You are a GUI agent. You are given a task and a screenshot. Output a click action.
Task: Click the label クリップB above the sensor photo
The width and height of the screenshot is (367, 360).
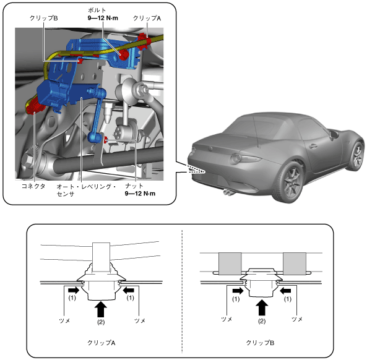click(44, 18)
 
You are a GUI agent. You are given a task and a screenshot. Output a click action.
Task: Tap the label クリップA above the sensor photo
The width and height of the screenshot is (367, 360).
click(147, 18)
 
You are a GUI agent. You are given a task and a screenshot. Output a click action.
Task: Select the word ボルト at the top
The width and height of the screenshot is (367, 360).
click(97, 10)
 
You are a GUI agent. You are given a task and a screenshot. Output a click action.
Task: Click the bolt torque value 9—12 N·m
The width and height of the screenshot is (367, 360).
click(103, 18)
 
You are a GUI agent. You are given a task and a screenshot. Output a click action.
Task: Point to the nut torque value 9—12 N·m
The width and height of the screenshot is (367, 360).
click(140, 194)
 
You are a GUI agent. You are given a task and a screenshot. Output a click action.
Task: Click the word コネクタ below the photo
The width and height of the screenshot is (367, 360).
click(33, 186)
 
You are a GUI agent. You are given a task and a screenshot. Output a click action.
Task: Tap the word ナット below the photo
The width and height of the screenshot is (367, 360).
click(134, 186)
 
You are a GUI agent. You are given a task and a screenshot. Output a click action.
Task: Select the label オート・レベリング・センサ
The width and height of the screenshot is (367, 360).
click(86, 190)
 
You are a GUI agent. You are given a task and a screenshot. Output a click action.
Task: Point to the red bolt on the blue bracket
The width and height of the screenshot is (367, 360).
click(123, 55)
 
